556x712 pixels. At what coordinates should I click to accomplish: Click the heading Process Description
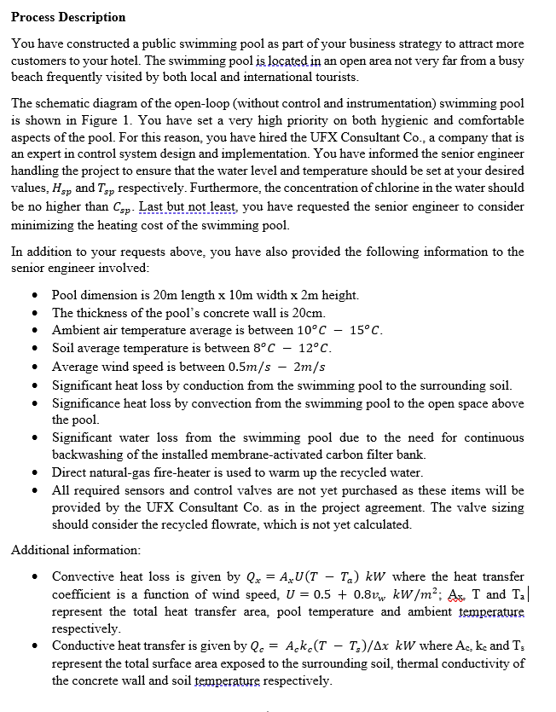coord(68,17)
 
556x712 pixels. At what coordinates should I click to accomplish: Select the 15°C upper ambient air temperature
coord(367,330)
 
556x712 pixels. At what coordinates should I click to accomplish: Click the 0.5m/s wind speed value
coord(273,367)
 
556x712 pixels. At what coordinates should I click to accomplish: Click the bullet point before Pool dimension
coord(33,296)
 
